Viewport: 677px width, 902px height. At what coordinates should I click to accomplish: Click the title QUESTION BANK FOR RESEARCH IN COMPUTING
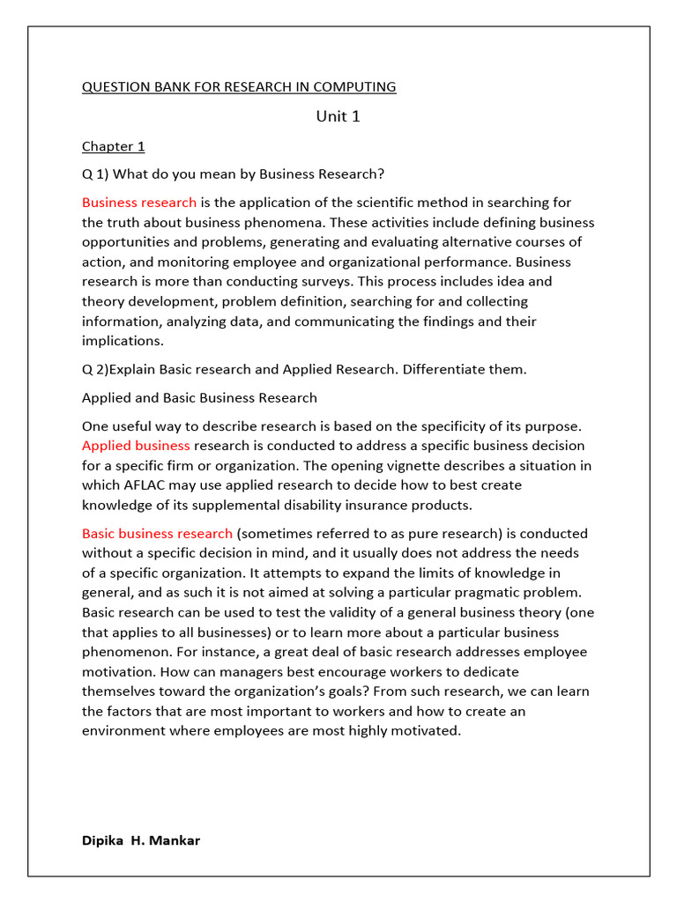[x=239, y=87]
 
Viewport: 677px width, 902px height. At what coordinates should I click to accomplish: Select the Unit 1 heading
[x=338, y=116]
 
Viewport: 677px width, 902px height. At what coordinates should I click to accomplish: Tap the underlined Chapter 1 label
[x=113, y=146]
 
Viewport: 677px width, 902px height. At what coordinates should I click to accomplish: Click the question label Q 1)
[x=95, y=173]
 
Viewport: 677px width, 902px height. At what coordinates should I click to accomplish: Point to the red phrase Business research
[x=139, y=203]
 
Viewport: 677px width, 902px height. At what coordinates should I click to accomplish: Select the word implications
[x=122, y=341]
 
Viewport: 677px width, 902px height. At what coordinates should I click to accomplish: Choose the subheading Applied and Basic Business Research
[x=199, y=398]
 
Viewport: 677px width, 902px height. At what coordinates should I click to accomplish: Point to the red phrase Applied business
[x=136, y=446]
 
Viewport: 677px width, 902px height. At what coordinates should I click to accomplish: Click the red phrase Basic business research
[x=157, y=534]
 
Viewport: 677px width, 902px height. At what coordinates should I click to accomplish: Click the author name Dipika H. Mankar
[x=141, y=840]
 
